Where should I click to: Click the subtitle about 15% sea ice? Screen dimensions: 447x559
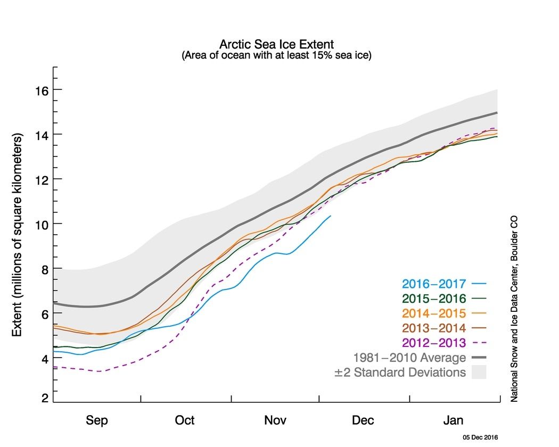276,55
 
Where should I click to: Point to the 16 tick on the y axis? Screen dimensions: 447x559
41,90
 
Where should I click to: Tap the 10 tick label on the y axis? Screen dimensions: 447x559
41,224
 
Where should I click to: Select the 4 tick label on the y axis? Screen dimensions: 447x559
45,358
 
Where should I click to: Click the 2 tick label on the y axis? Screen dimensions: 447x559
45,398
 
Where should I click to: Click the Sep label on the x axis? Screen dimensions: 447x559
97,420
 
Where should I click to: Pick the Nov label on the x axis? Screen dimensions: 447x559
275,420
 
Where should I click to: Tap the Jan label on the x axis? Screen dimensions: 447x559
454,420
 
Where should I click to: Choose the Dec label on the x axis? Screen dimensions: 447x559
363,420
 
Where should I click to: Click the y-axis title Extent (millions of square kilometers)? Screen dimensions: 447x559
17,235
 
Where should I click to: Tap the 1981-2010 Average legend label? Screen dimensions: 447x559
409,357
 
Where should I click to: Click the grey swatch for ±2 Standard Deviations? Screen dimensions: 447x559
479,372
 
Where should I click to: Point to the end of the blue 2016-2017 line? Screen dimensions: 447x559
331,216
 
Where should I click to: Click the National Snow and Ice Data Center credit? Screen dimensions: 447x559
514,309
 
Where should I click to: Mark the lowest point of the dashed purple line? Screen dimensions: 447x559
99,371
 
